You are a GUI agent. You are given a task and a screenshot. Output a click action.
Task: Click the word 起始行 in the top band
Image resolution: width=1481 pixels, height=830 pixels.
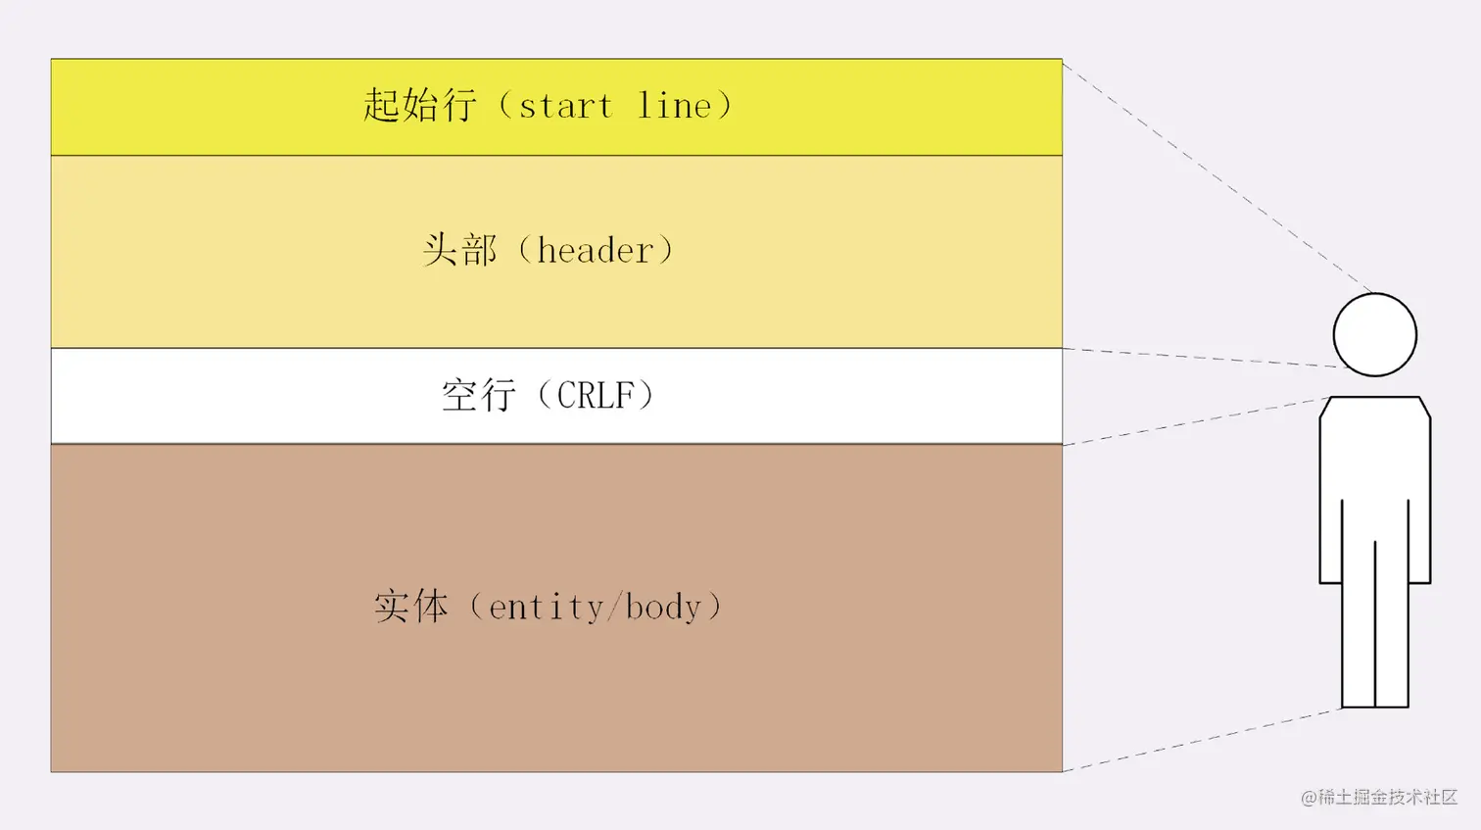(x=419, y=105)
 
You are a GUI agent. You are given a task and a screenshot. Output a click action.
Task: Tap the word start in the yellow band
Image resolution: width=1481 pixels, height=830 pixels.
(x=565, y=106)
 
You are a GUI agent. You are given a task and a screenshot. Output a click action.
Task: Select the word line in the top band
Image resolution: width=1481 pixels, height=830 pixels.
(x=675, y=106)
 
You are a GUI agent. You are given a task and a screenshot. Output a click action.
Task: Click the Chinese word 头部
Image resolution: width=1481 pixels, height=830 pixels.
(x=459, y=250)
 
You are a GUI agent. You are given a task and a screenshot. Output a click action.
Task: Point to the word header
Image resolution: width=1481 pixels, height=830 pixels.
(x=595, y=250)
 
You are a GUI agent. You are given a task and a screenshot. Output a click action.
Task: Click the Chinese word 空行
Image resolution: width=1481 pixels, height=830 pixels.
(x=478, y=395)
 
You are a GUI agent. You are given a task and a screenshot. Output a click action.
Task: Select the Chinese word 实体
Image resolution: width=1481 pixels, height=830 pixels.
(x=410, y=607)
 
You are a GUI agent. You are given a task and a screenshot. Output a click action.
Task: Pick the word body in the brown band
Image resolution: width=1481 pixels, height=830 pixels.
(x=663, y=608)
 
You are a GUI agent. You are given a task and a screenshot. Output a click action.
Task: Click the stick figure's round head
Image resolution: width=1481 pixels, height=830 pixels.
(x=1374, y=334)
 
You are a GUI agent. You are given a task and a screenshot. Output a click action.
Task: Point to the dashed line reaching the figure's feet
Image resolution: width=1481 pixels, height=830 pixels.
(x=1203, y=740)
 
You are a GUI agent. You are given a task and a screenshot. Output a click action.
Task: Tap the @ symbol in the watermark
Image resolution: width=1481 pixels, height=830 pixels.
(x=1309, y=798)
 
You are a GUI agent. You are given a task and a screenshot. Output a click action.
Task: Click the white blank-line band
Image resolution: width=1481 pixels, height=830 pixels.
(x=245, y=396)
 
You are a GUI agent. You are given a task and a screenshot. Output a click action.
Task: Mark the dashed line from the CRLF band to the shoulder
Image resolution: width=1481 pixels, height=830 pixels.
(x=1195, y=421)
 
